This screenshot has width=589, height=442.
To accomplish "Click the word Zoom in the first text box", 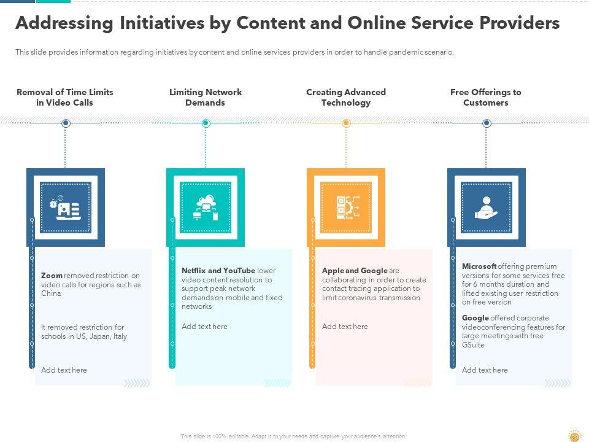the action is click(x=52, y=276).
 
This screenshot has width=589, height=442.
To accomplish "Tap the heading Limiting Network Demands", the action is click(x=206, y=98).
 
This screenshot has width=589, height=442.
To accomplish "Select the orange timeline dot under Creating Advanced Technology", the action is click(x=346, y=123).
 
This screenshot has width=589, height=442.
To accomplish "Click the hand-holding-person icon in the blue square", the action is click(x=486, y=207).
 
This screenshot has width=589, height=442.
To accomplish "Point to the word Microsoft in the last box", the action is click(x=479, y=266).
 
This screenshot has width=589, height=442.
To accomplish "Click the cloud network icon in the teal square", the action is click(x=206, y=207).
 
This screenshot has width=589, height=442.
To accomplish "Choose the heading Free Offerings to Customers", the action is click(x=485, y=98).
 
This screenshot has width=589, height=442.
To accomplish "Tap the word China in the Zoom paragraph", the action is click(x=51, y=293).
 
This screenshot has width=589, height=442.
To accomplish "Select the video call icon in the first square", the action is click(x=65, y=207).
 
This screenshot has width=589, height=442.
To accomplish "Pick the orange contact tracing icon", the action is click(x=345, y=207).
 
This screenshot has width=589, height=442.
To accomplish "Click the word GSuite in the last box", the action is click(x=473, y=345).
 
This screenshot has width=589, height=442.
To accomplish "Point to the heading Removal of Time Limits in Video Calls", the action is click(x=65, y=98).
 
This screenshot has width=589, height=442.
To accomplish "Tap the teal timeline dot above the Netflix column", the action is click(x=206, y=123).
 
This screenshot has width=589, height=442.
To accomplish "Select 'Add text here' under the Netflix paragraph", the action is click(x=204, y=327).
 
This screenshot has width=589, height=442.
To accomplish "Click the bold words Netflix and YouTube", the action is click(x=218, y=271).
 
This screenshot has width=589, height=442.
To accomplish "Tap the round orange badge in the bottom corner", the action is click(x=574, y=435).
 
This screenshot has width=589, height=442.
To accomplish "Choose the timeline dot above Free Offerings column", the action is click(x=487, y=123).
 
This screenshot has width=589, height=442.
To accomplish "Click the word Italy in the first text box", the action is click(x=120, y=336).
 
